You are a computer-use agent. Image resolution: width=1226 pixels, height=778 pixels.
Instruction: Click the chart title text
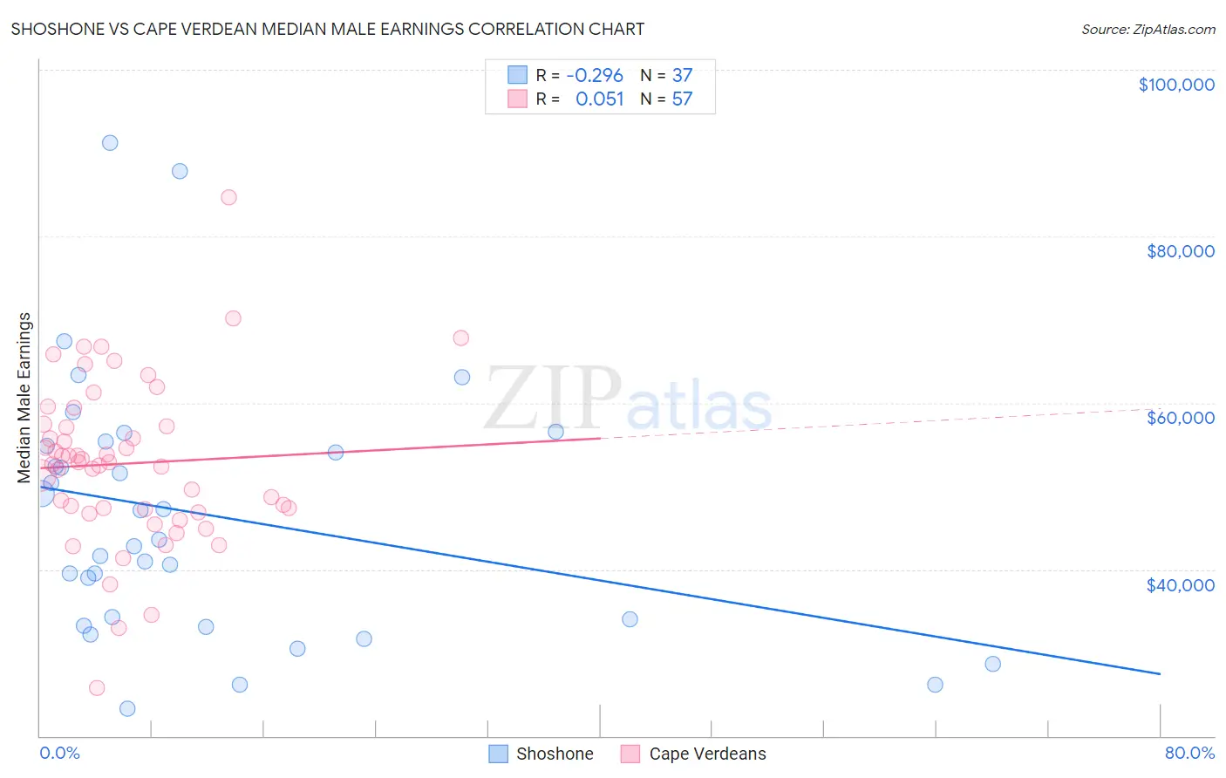328,29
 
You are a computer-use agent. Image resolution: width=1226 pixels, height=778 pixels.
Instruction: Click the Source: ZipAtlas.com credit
1148,29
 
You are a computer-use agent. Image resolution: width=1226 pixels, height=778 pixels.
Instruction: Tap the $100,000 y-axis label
1176,85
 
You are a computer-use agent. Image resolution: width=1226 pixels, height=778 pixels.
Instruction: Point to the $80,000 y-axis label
1180,251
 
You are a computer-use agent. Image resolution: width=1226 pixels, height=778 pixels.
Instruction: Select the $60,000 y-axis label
1180,418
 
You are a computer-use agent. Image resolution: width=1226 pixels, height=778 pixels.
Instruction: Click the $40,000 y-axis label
1180,585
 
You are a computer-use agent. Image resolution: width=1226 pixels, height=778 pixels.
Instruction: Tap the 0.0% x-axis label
59,753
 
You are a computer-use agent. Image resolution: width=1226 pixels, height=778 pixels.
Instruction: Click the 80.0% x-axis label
1189,753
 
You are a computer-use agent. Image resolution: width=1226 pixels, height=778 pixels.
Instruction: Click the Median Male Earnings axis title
24,398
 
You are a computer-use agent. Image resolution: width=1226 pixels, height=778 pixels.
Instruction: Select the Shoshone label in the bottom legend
555,754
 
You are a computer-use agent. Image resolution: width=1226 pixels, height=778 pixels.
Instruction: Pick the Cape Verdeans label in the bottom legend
707,754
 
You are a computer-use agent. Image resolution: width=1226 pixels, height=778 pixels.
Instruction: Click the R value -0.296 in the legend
595,75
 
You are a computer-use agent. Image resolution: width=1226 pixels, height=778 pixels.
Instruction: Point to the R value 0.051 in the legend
600,99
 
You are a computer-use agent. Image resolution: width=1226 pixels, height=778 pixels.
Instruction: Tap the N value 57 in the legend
682,99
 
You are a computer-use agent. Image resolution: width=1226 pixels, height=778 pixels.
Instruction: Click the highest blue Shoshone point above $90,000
110,143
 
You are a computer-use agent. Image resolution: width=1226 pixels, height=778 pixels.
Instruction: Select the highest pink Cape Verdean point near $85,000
228,197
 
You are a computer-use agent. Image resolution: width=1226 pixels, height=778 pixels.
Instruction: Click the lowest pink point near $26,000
97,688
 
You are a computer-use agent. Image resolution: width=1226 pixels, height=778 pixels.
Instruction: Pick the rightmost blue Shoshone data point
992,664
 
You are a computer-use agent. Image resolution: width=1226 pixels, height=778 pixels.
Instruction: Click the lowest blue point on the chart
127,708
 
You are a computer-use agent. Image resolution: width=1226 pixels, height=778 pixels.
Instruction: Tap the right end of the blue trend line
1160,673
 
